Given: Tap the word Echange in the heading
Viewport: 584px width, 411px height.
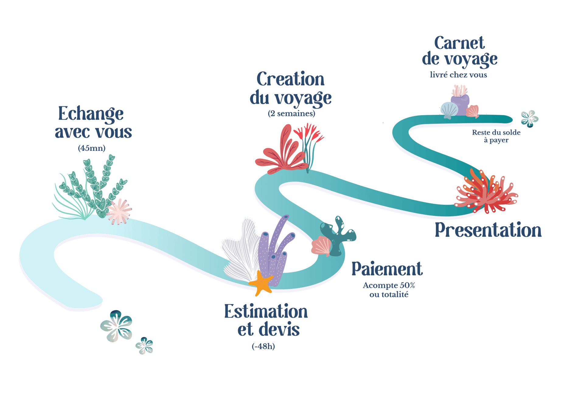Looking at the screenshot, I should click(91, 114).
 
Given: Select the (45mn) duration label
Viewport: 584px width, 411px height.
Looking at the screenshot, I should click(92, 148).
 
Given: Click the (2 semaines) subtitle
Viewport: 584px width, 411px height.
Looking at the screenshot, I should click(291, 114).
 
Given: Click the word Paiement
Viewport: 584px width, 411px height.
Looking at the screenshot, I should click(387, 269).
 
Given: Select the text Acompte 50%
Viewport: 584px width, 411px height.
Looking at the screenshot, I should click(389, 285).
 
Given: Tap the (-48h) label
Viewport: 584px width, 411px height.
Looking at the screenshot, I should click(263, 346).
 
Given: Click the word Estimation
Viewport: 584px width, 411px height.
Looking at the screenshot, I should click(266, 311).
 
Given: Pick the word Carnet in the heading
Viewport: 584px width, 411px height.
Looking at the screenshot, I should click(459, 43).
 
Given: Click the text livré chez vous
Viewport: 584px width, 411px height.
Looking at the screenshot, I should click(458, 75).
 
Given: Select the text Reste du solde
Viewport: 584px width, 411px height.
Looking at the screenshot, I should click(496, 133).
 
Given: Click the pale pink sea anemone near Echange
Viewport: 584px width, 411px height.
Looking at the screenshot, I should click(119, 211).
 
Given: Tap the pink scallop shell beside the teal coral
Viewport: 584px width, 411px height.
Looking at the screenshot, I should click(321, 246).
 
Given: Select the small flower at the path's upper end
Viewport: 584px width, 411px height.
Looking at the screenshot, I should click(529, 119).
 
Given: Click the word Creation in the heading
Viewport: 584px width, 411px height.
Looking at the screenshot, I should click(290, 80).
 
